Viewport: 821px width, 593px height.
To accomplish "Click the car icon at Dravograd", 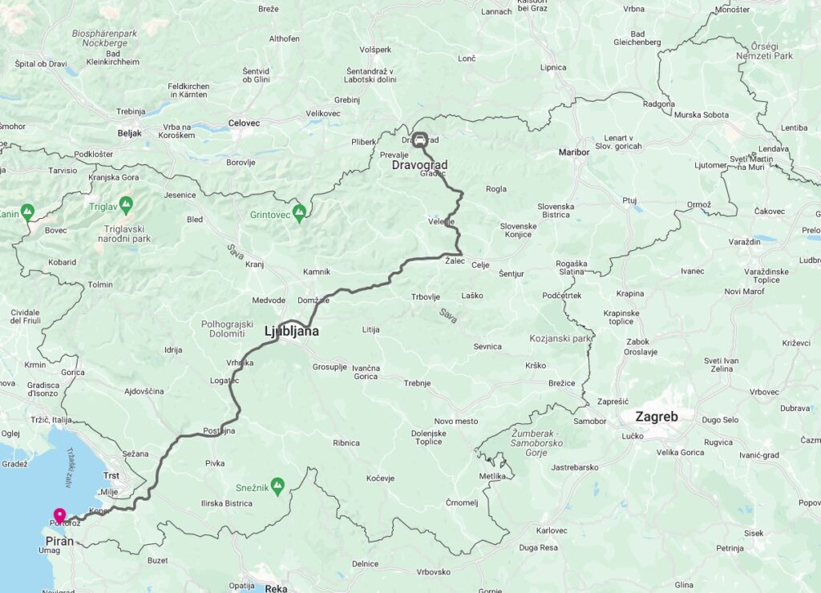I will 419,138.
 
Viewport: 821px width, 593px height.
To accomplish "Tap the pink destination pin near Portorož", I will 59,515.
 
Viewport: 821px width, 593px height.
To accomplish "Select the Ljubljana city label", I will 292,330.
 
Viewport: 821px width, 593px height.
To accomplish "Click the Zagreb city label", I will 657,417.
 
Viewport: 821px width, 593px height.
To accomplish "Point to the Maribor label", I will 574,151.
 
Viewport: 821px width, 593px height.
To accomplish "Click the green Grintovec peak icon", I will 299,212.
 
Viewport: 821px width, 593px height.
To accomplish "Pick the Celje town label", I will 480,265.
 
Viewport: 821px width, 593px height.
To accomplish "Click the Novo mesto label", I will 455,422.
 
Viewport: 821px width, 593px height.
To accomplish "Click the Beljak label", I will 129,134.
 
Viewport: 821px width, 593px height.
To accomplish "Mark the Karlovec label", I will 552,530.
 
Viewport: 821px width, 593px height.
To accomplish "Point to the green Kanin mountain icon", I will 27,212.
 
